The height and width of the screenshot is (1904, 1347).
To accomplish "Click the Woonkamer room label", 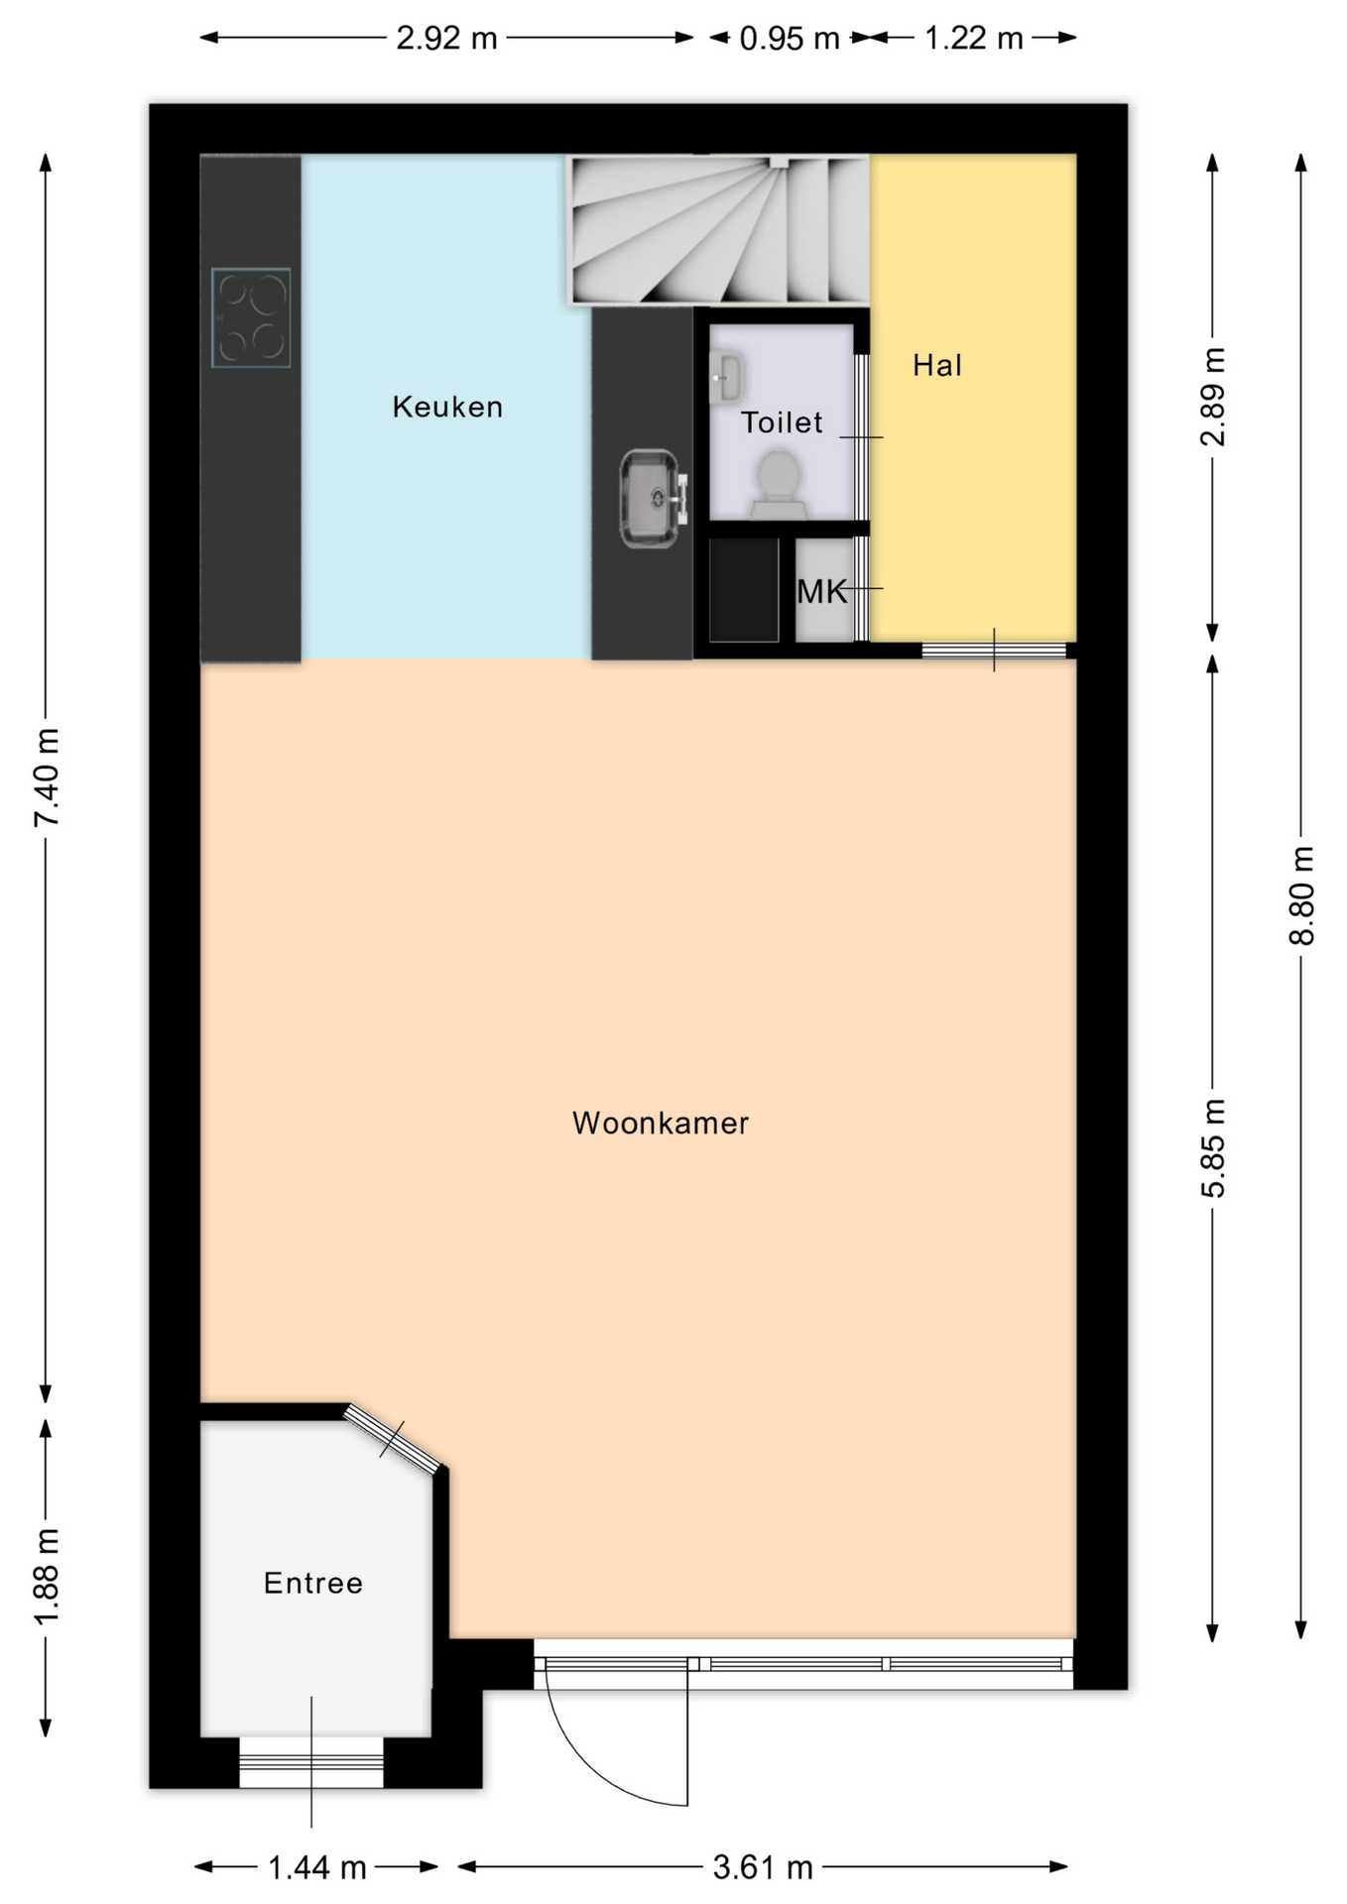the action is point(660,1123).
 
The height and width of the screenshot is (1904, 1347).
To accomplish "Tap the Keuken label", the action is point(447,407).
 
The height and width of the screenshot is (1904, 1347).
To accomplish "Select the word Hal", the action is point(937,365).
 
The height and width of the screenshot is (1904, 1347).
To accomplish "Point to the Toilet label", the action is point(782,422).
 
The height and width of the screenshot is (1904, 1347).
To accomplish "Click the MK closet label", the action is point(822,592).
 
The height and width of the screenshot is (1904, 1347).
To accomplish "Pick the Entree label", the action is point(313,1583).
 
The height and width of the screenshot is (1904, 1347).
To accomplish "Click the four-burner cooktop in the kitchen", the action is point(251,317).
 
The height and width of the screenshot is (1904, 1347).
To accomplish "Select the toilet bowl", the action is point(779,485).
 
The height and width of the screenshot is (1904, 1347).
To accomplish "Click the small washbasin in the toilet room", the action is point(725,378).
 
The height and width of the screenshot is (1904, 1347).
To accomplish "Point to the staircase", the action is point(718,229).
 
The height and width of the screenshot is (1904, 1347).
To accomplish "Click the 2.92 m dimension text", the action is point(446,38).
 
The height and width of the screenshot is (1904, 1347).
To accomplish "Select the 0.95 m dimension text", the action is point(790,39).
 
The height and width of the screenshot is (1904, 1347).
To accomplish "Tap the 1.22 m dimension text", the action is point(973,39).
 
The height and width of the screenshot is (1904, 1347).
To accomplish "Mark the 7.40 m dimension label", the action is point(47,777).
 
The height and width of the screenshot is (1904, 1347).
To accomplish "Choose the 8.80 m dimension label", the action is point(1301,895).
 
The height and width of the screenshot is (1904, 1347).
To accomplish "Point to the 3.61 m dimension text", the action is point(763,1867).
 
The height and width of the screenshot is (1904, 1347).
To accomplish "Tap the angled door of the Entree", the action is point(393,1437).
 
